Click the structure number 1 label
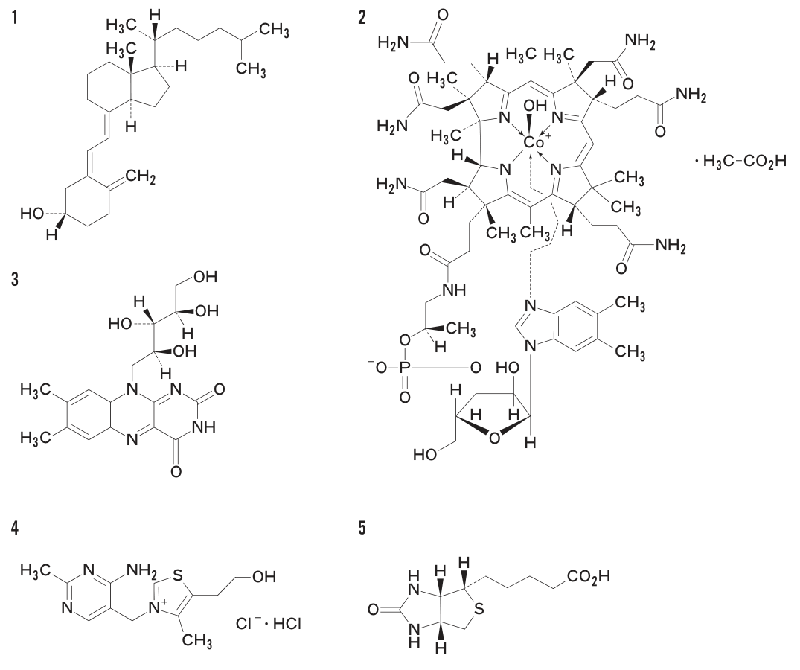pos(16,19)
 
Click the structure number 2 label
pos(362,19)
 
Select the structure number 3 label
pos(16,280)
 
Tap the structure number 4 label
pos(16,529)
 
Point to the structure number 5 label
pos(362,529)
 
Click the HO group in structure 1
pos(32,214)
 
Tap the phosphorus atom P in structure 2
pos(403,368)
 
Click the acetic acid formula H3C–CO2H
pos(744,162)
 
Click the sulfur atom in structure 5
pos(479,608)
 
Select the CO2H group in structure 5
pos(587,578)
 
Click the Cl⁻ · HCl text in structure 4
pos(269,623)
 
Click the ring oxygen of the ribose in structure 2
pos(493,438)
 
